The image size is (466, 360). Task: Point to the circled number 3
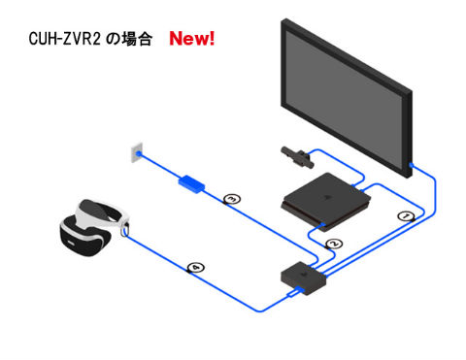[x=231, y=199]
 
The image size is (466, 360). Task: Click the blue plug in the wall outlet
[x=142, y=152]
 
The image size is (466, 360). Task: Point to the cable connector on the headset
[x=124, y=231]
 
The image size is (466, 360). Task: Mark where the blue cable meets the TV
[x=411, y=168]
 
